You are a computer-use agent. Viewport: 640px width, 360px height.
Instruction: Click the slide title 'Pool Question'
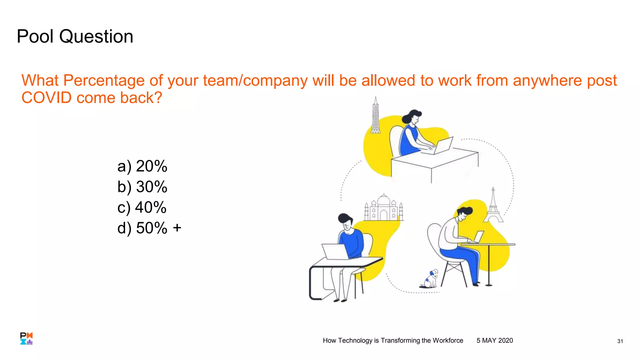point(75,36)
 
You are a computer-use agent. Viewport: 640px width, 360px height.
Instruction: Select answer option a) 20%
point(142,166)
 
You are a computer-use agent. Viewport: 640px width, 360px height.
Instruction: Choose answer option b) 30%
point(142,187)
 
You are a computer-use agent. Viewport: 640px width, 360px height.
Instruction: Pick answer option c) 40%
point(142,207)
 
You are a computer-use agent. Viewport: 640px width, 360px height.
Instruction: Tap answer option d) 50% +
point(149,228)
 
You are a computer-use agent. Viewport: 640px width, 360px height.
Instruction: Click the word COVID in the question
point(47,98)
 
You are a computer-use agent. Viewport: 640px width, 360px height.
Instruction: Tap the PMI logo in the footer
point(27,338)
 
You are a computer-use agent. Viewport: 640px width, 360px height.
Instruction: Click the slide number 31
point(620,341)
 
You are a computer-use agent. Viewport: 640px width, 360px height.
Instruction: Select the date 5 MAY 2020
point(495,341)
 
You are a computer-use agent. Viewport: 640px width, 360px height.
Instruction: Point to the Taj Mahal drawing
point(384,208)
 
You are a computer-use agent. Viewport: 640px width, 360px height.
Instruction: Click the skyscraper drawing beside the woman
point(375,116)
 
